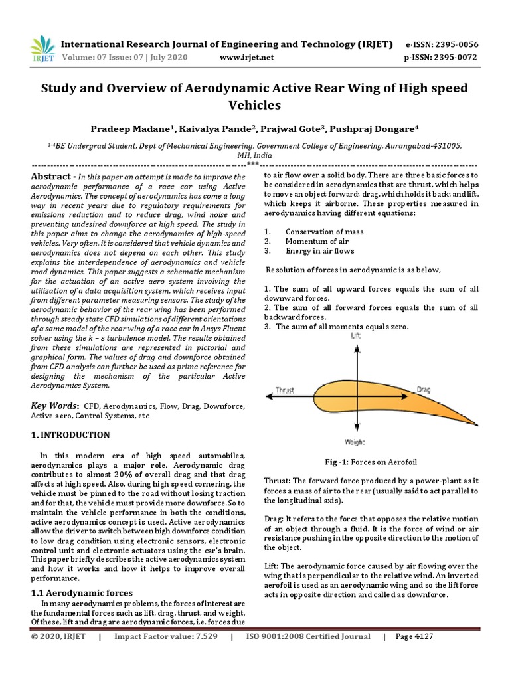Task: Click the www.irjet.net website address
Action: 246,58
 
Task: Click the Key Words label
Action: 56,406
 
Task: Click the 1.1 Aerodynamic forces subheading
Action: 82,592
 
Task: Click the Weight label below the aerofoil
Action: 355,442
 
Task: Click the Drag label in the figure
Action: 424,390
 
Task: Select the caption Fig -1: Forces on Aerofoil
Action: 371,462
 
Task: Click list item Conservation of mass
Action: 324,232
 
